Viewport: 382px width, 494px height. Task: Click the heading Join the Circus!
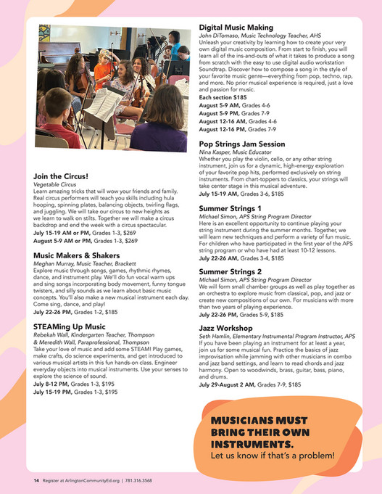(x=61, y=176)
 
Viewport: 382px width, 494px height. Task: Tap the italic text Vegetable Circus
(x=55, y=186)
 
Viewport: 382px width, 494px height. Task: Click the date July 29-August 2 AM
(x=232, y=385)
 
